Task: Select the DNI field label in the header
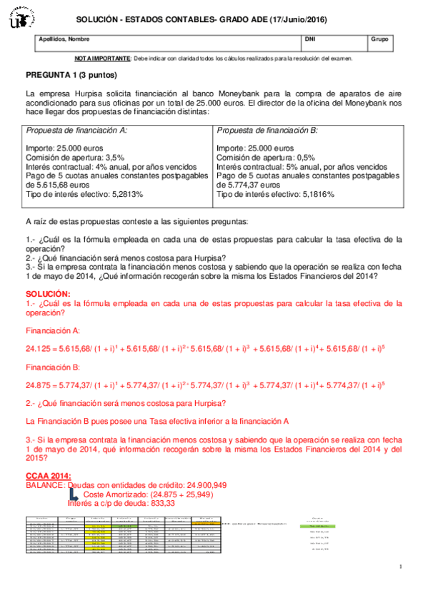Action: pyautogui.click(x=310, y=39)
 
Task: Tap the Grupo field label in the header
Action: pyautogui.click(x=380, y=39)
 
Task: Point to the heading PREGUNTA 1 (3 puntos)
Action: pyautogui.click(x=71, y=74)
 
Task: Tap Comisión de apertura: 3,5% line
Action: pyautogui.click(x=75, y=158)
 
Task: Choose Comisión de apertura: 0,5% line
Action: pyautogui.click(x=265, y=158)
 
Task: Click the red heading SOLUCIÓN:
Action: pyautogui.click(x=47, y=293)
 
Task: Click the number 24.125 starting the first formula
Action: pyautogui.click(x=39, y=348)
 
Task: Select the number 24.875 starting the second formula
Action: pyautogui.click(x=39, y=385)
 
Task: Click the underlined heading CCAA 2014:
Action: pyautogui.click(x=48, y=476)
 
